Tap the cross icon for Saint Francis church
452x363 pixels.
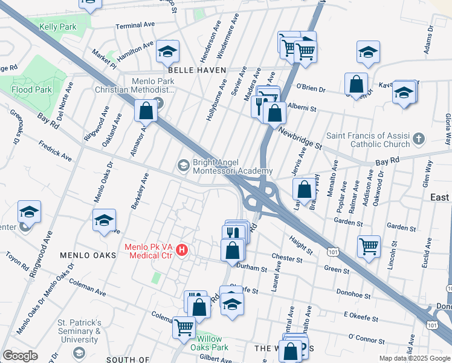419,140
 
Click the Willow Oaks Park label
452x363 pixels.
210,344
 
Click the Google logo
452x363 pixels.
21,356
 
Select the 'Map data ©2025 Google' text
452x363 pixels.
415,358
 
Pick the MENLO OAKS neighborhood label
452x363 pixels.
88,256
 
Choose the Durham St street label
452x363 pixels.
253,267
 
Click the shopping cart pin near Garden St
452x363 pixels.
368,246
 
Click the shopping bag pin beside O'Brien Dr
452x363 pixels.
356,83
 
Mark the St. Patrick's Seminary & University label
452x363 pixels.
79,331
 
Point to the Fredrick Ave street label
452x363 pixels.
55,151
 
